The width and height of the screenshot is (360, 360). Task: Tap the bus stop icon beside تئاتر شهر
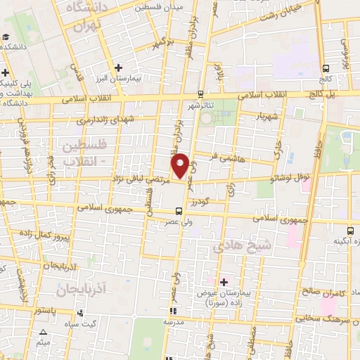click(x=200, y=94)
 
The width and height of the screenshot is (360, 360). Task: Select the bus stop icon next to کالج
click(x=326, y=69)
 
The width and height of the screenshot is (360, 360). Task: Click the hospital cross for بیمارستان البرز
click(x=119, y=67)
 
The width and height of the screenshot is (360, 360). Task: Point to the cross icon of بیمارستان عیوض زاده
click(x=224, y=281)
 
